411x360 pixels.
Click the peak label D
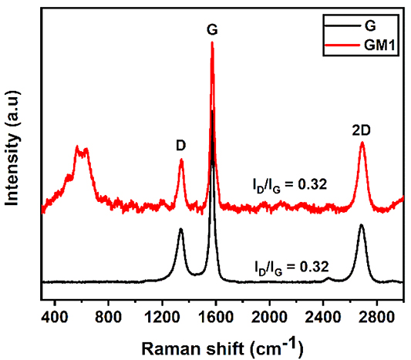click(180, 144)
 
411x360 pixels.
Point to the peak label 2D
click(362, 130)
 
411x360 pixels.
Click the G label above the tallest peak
click(212, 30)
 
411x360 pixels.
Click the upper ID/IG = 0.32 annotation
click(288, 184)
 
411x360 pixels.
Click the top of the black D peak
click(180, 230)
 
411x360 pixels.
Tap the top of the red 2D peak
click(362, 143)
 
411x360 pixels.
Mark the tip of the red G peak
click(212, 42)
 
